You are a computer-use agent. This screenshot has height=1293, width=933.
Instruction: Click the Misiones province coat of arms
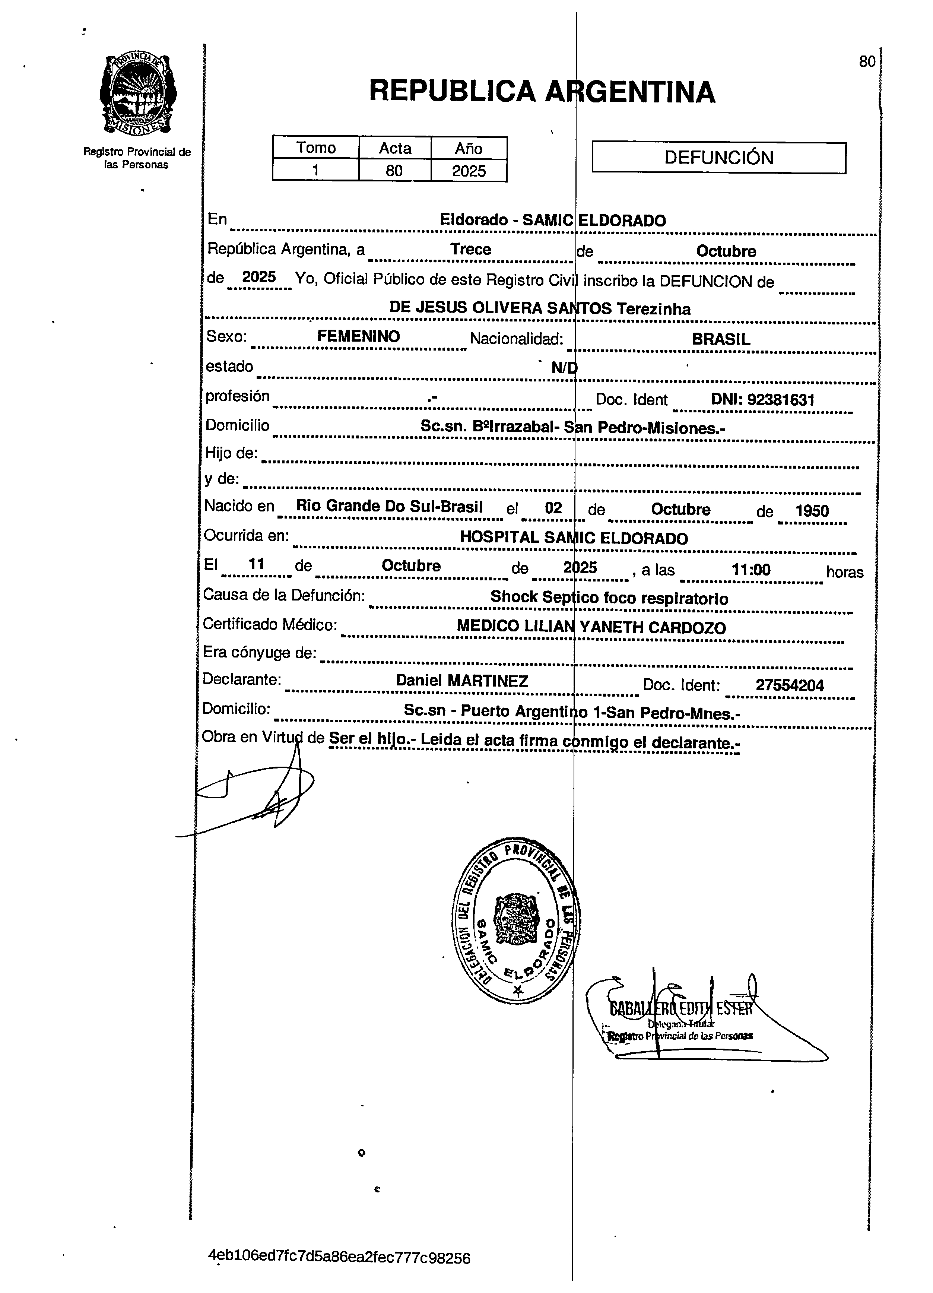point(137,94)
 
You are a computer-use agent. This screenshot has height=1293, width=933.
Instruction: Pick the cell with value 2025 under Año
point(469,171)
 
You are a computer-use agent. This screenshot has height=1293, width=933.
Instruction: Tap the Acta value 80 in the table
point(394,171)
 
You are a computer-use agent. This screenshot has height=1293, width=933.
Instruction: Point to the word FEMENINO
point(359,336)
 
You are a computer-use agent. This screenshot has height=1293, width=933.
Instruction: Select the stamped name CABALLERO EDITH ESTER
point(681,1008)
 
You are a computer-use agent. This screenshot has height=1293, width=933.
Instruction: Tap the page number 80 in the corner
point(866,61)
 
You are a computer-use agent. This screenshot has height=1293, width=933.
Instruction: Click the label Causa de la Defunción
point(284,595)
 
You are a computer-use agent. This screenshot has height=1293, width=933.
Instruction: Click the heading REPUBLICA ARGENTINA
point(542,91)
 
